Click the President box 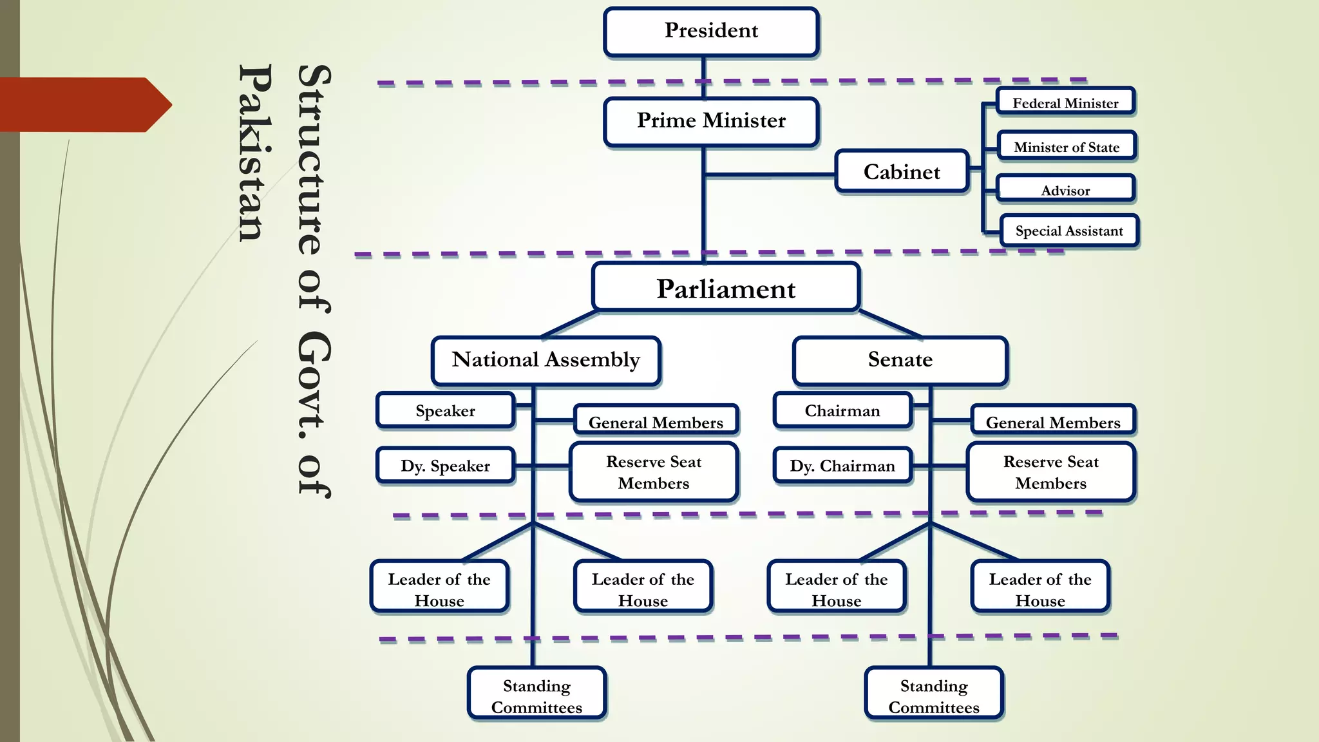711,32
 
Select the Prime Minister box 711,121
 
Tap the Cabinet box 902,172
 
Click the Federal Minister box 1065,102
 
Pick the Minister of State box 1067,146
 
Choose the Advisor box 1065,189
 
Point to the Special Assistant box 1069,231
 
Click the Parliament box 726,288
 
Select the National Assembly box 546,360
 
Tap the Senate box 900,360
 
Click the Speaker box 445,410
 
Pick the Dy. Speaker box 445,465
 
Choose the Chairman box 842,410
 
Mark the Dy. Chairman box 842,465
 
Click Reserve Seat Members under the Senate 1050,472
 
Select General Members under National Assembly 656,421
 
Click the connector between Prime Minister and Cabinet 770,175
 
